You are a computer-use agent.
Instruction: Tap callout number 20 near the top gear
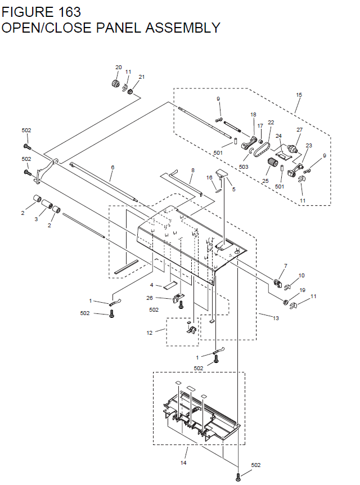118,68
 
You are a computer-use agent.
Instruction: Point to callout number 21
141,77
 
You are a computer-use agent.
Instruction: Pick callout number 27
299,130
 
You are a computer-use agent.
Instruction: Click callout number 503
244,167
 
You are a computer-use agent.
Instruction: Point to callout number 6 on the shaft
112,168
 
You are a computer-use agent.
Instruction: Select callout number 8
192,170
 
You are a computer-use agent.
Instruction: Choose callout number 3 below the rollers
37,219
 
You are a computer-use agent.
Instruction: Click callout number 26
150,298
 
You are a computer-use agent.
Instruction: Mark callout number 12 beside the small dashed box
150,333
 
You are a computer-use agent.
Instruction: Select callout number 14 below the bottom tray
183,463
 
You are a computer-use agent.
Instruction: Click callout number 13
276,318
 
